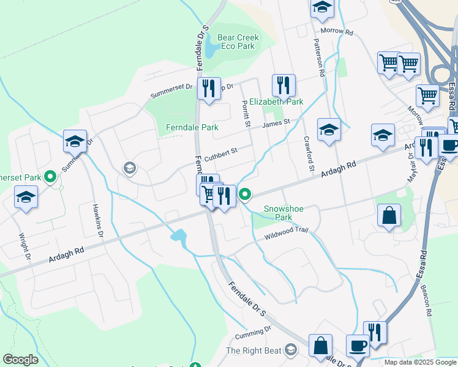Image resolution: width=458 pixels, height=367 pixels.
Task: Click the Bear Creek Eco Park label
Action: point(238,42)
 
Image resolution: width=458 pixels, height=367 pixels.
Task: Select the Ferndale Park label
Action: point(192,128)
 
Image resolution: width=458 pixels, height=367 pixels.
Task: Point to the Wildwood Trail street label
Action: point(285,234)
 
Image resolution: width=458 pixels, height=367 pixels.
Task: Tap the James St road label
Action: point(276,124)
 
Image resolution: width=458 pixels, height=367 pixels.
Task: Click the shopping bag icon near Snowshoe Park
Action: point(389,216)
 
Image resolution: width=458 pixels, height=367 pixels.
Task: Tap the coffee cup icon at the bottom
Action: point(358,346)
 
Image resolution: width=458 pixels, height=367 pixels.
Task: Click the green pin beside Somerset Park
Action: point(51,177)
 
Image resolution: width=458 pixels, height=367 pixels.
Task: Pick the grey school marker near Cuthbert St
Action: point(129,168)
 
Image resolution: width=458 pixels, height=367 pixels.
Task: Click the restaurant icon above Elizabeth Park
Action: point(283,85)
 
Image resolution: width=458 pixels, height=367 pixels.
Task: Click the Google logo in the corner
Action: point(20,360)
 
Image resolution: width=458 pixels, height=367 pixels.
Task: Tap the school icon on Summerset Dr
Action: point(75,141)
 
